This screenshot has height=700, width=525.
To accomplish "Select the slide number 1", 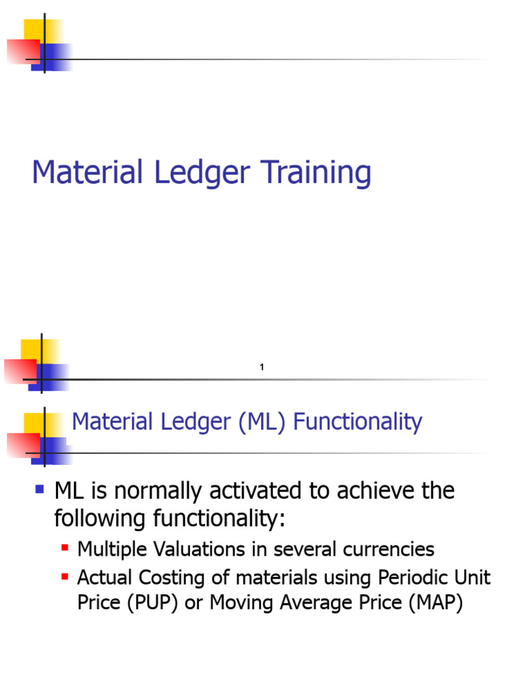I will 262,368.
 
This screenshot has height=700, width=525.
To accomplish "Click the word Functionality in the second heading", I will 358,422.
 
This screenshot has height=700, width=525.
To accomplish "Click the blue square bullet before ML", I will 40,489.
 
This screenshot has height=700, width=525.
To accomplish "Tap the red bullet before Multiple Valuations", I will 65,548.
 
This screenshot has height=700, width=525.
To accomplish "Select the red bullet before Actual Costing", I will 65,576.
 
